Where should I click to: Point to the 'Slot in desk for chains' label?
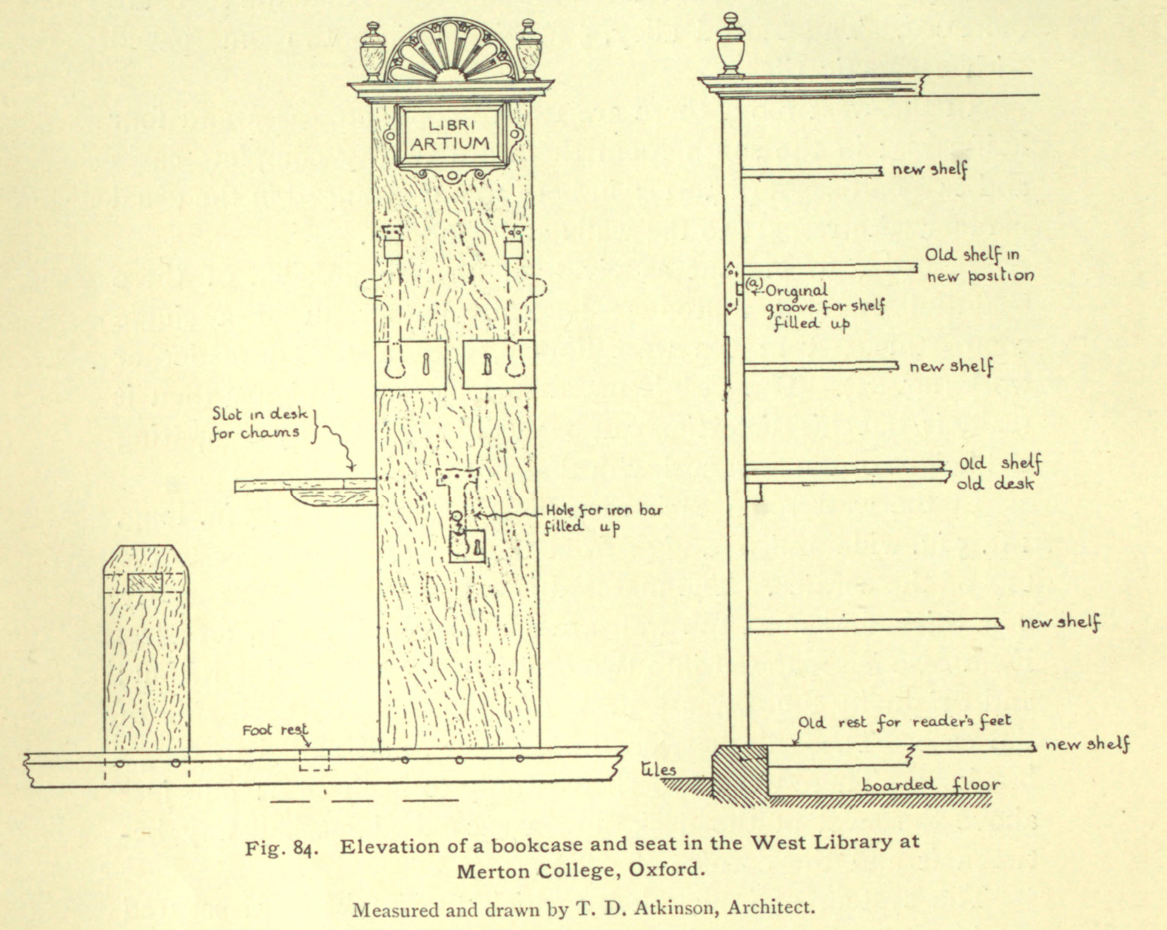coord(260,424)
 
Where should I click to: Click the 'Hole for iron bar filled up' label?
coord(604,518)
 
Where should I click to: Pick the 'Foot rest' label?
coord(275,730)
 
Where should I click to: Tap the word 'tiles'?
coord(658,769)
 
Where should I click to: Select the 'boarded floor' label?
coord(930,784)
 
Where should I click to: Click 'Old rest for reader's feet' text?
coord(904,721)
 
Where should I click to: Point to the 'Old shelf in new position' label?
coord(979,265)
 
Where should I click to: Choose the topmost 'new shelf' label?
coord(929,170)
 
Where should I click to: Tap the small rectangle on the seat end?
coord(145,583)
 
